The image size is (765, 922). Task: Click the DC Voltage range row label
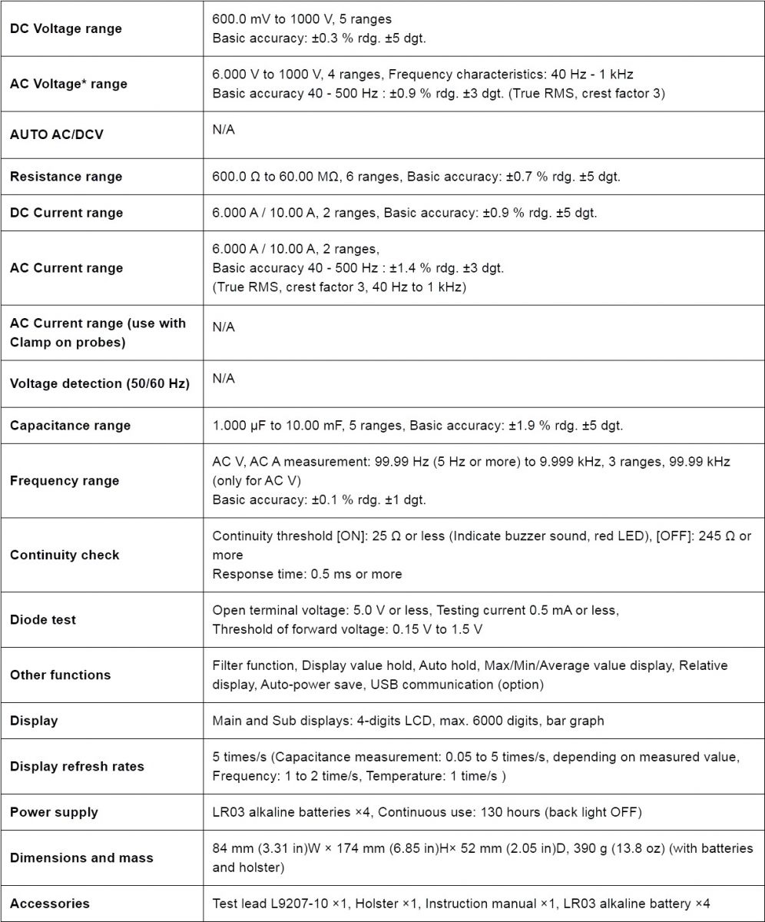[x=65, y=28]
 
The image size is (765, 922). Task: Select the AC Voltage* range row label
[x=68, y=84]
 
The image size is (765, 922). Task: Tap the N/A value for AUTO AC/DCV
[x=224, y=130]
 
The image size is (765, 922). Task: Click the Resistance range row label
[x=66, y=176]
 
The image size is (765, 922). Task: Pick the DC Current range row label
[x=66, y=212]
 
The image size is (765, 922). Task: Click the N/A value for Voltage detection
[x=224, y=378]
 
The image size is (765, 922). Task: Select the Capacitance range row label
[x=70, y=425]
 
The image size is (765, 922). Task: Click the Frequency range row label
[x=65, y=480]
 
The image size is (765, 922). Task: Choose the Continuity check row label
[x=65, y=554]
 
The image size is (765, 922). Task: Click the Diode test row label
[x=43, y=619]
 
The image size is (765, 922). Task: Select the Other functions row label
[x=60, y=675]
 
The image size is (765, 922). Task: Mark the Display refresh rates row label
[x=77, y=766]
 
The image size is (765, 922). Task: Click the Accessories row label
[x=50, y=904]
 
